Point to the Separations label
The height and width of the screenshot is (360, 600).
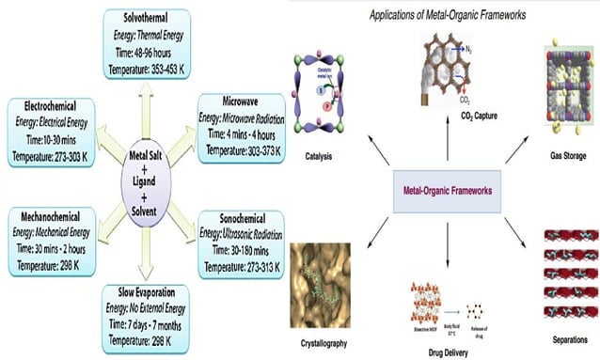tap(565, 334)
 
